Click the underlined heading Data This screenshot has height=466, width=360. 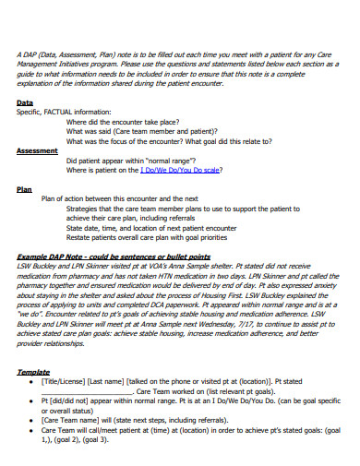pos(25,102)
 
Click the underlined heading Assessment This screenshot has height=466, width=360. pos(38,150)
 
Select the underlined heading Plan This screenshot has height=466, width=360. pos(25,188)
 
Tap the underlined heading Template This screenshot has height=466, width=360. pos(33,371)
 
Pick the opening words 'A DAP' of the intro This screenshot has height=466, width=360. pos(26,54)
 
